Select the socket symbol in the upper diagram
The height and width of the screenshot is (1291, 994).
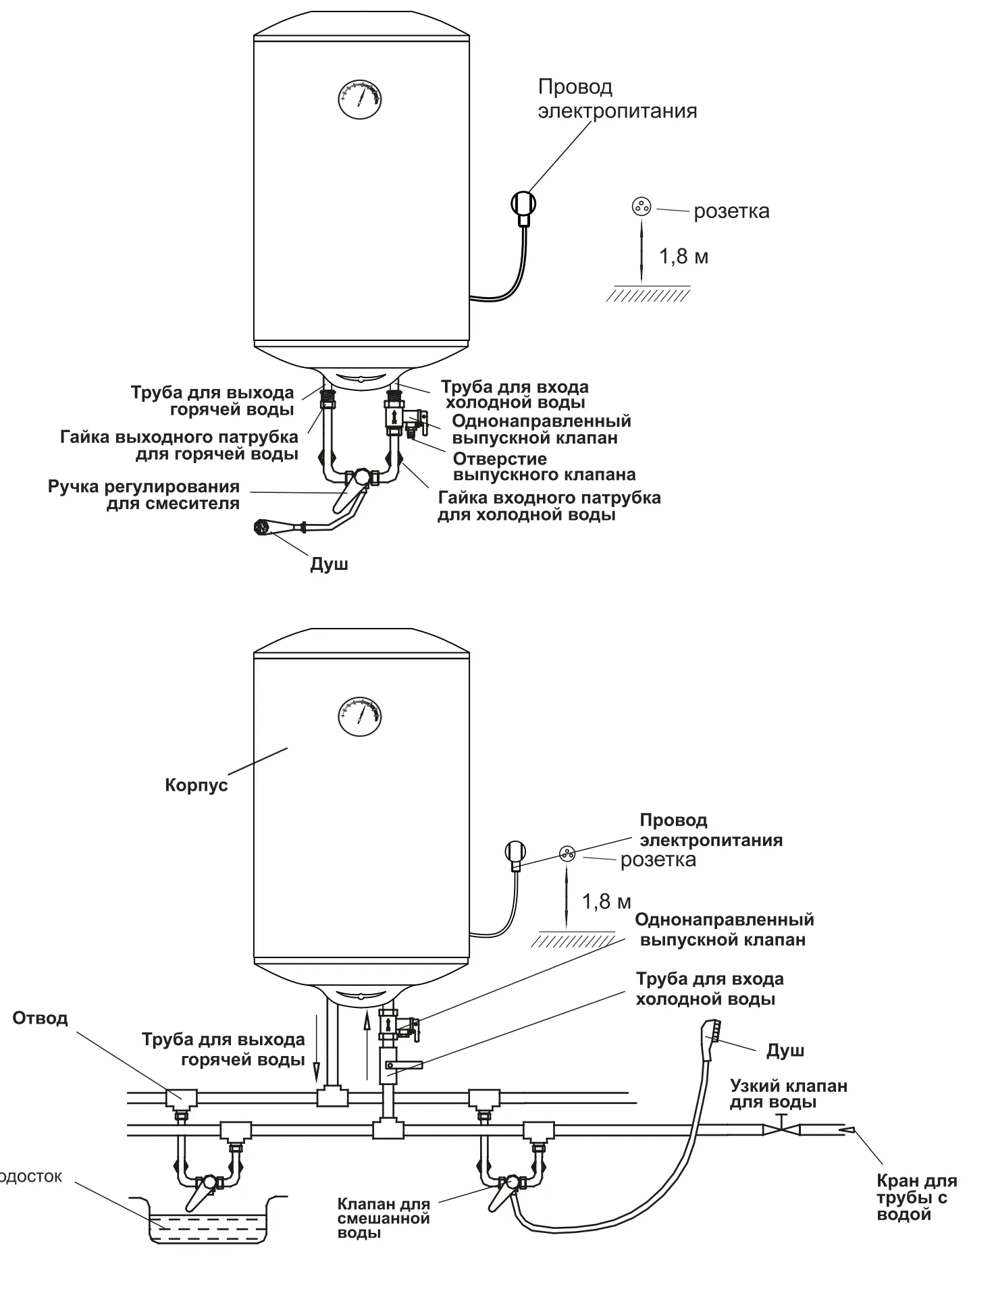[x=641, y=207]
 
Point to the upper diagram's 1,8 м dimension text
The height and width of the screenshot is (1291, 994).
[x=683, y=257]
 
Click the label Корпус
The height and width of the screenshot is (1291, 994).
[x=197, y=785]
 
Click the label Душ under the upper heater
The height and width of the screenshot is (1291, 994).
[x=329, y=564]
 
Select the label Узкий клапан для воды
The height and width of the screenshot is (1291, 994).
[x=788, y=1094]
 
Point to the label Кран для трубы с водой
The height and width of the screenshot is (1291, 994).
[x=916, y=1198]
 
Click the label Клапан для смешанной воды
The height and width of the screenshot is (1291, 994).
[x=384, y=1218]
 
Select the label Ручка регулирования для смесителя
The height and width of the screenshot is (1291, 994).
[x=144, y=495]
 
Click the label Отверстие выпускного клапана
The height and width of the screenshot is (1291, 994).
[x=544, y=467]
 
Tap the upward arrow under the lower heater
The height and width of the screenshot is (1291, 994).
[x=367, y=1047]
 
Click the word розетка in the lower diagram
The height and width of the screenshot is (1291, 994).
[x=658, y=860]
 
